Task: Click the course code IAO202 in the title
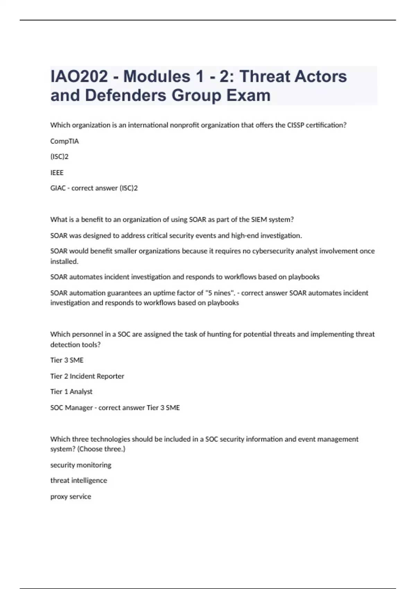(x=79, y=77)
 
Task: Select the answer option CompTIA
(x=64, y=141)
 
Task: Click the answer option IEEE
(x=57, y=173)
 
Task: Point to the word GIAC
(x=58, y=188)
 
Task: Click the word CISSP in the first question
(x=296, y=125)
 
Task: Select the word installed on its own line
(x=64, y=261)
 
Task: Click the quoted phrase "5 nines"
(x=218, y=293)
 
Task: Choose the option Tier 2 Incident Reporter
(x=87, y=376)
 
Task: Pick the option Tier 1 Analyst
(x=71, y=392)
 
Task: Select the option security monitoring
(x=81, y=465)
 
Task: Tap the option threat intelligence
(x=79, y=481)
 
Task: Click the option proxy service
(x=71, y=496)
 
